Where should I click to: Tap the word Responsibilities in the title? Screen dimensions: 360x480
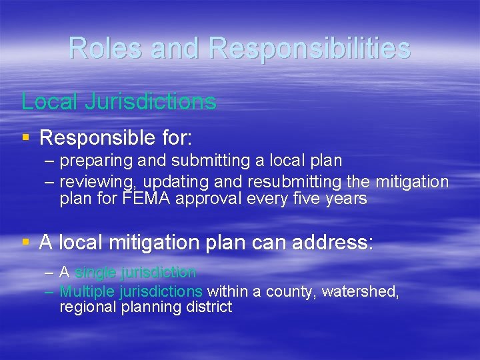click(x=309, y=48)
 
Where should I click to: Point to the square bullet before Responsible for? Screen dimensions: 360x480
click(x=25, y=138)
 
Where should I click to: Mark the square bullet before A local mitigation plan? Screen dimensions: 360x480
click(x=25, y=242)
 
